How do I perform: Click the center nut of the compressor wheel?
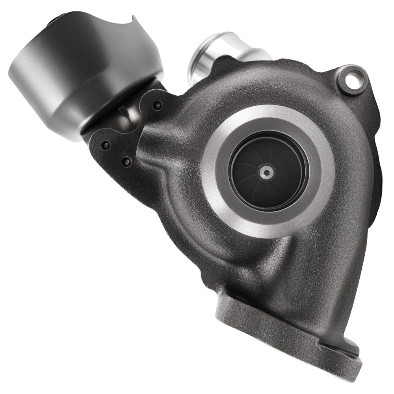pos(267,172)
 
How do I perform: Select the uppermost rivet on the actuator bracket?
pos(158,105)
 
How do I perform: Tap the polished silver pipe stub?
pos(221,55)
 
